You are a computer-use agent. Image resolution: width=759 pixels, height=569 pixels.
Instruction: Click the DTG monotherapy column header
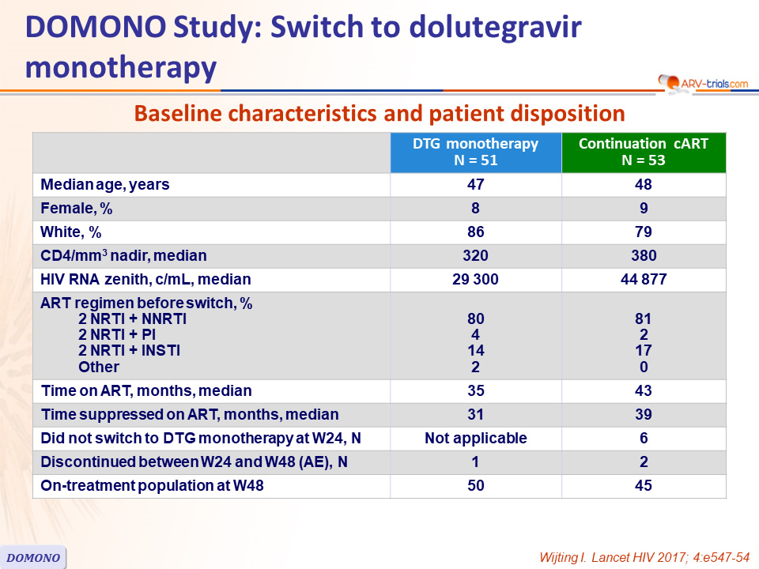point(476,153)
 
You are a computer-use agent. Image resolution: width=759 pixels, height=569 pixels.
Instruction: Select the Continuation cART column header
point(644,153)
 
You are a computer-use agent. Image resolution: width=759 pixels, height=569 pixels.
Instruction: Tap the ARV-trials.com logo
point(704,83)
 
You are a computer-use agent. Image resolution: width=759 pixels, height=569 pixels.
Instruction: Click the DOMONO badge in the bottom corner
point(33,557)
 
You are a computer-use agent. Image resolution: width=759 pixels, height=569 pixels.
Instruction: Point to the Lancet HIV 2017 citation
point(644,557)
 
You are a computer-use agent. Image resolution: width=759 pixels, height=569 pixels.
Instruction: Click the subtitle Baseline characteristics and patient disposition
point(379,114)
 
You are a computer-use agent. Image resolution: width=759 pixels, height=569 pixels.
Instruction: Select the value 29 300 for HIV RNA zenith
point(475,279)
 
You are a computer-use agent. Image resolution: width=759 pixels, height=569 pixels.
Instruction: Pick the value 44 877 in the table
point(644,279)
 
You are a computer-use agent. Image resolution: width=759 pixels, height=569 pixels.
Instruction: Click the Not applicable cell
point(476,438)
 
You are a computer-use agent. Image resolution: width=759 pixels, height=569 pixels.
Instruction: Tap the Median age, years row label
point(105,184)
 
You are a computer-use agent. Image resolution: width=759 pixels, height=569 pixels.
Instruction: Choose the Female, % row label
point(77,208)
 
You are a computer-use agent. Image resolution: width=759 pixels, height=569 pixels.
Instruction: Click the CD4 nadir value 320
point(475,255)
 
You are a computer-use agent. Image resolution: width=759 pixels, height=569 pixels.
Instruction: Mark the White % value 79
point(644,232)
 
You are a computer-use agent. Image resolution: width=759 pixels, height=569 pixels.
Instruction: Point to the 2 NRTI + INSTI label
point(129,350)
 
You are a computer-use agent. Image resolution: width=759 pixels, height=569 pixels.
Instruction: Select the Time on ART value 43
point(644,390)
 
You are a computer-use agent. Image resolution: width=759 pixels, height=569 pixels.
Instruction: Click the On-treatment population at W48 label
point(152,485)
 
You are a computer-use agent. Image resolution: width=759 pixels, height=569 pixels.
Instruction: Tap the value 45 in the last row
point(644,485)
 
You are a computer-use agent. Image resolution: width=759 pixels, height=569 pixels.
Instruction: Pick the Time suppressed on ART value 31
point(476,414)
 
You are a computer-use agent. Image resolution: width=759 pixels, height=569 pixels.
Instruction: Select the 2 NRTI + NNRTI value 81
point(644,318)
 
